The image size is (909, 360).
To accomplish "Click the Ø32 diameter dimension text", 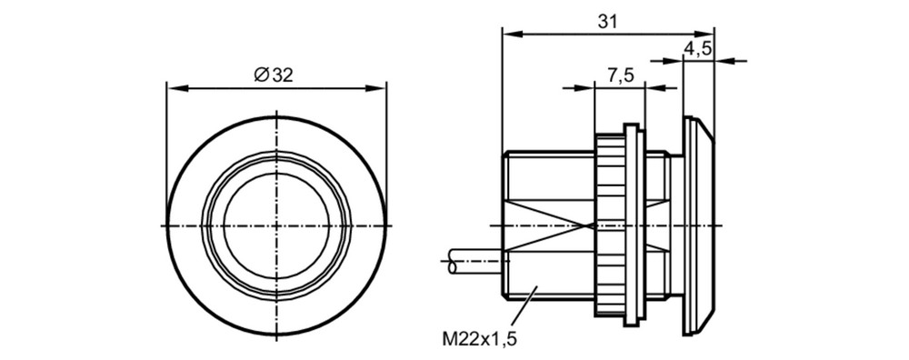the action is click(274, 75).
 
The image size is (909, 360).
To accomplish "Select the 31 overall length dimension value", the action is click(607, 22).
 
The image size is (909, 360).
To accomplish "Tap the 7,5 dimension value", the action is click(620, 75).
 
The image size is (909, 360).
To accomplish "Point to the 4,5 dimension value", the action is click(698, 49).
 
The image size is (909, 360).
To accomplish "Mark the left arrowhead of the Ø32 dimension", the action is click(175, 88).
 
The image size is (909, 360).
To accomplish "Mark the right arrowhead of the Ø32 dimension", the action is click(375, 88).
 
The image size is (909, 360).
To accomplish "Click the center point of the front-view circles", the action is click(276, 225).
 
